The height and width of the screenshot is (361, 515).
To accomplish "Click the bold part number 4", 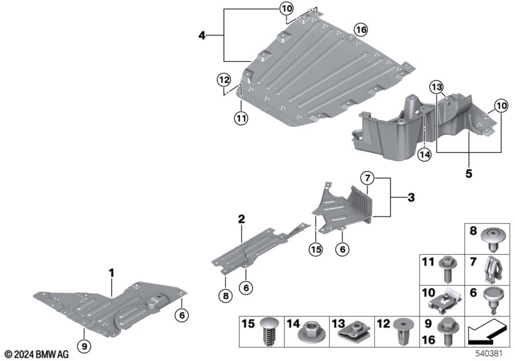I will tap(202, 36).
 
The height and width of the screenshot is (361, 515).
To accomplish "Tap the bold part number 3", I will tap(410, 197).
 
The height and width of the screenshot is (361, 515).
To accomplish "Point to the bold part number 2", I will tap(241, 220).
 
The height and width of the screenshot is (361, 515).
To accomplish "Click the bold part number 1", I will tap(111, 273).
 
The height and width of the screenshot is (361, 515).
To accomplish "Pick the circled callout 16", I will tap(360, 30).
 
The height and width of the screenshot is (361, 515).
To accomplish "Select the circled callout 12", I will tap(223, 80).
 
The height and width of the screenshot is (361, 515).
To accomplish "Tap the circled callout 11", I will tap(240, 118).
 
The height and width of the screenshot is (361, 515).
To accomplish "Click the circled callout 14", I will tap(424, 154).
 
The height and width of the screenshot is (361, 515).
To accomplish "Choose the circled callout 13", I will tap(436, 88).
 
